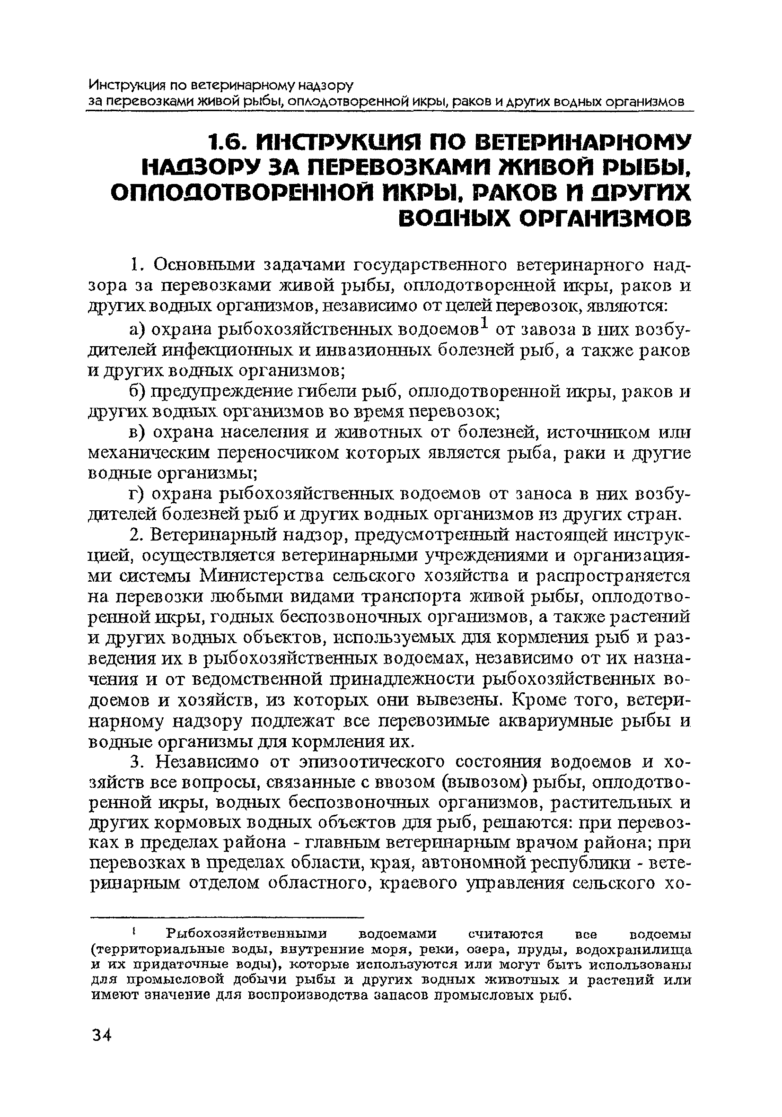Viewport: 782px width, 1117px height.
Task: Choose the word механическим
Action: [x=149, y=453]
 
